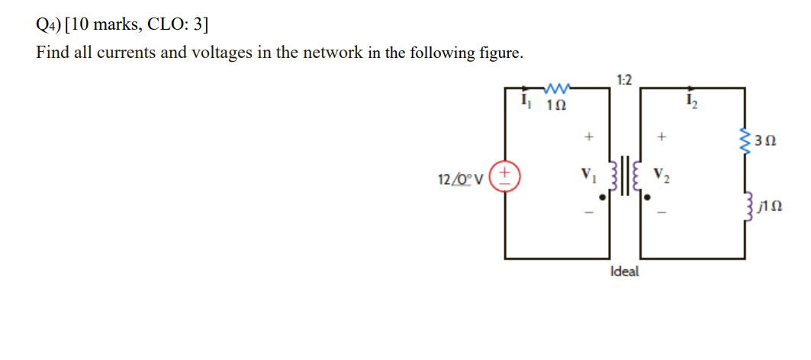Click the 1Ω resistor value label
pos(556,104)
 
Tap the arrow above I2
pos(690,88)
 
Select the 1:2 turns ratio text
pos(623,79)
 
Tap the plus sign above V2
pos(662,138)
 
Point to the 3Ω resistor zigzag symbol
pos(744,140)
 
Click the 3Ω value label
pos(764,141)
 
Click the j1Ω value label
pos(766,206)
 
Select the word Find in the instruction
pos(51,53)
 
